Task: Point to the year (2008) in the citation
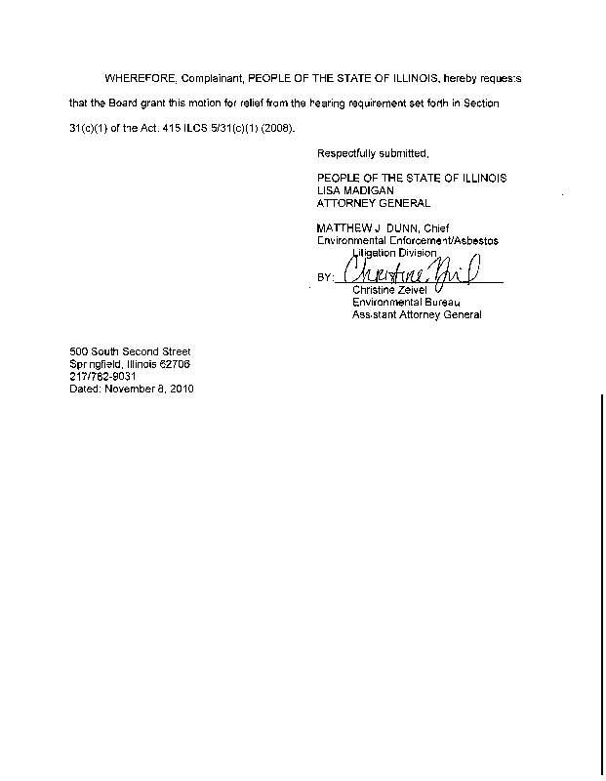(x=274, y=128)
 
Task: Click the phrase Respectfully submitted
(x=373, y=153)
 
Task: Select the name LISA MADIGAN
(x=356, y=190)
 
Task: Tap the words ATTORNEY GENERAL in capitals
(x=374, y=203)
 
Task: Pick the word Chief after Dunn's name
(x=430, y=228)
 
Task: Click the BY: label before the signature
(x=326, y=278)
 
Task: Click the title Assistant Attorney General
(x=417, y=315)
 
